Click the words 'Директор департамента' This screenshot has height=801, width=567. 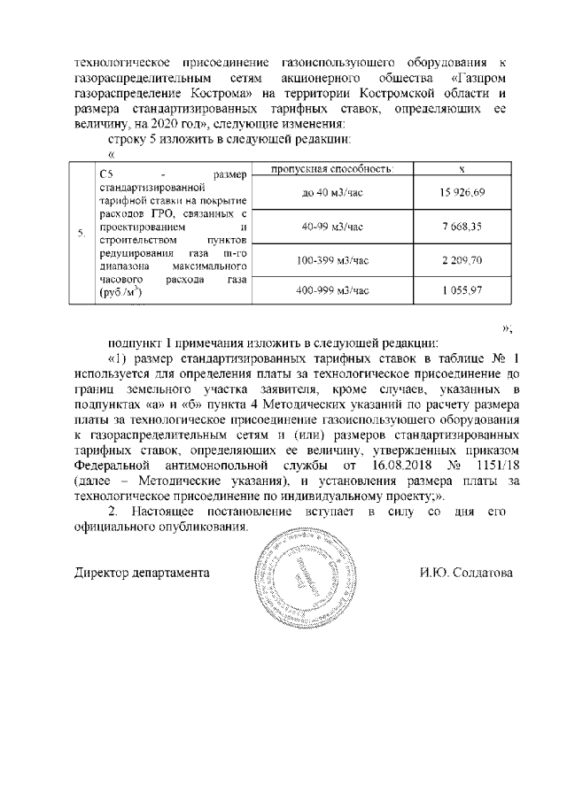click(x=141, y=573)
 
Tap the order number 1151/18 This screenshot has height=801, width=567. click(x=485, y=465)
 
